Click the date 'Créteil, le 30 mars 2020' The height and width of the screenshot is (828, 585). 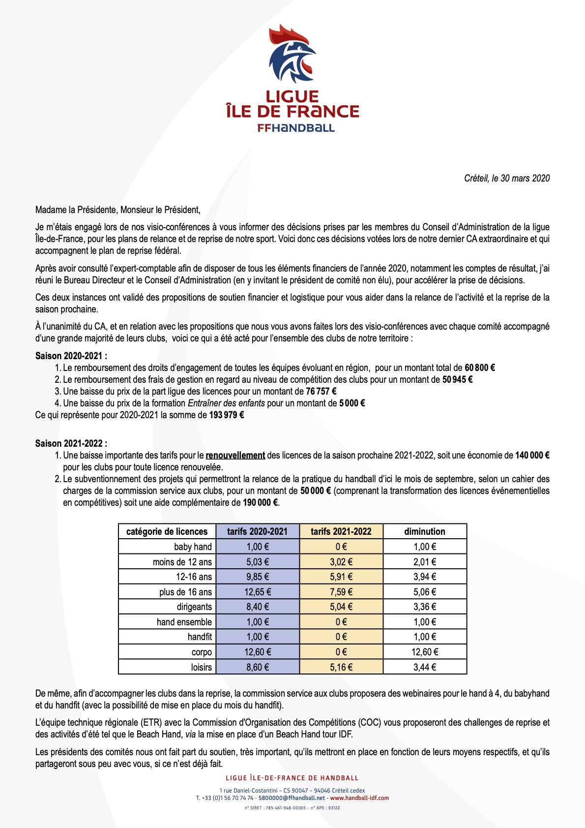click(x=507, y=179)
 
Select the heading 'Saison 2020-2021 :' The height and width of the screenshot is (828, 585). click(x=71, y=356)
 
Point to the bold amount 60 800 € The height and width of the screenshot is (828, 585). click(x=480, y=368)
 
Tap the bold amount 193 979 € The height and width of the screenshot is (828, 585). click(x=227, y=415)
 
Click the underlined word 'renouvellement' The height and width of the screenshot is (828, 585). click(x=235, y=455)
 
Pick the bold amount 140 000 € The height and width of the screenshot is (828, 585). click(x=532, y=455)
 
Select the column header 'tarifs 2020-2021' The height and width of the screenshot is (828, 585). click(x=257, y=531)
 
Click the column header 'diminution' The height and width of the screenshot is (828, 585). click(x=425, y=531)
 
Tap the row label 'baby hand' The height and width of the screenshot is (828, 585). click(x=193, y=547)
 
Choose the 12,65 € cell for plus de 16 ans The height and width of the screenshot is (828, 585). click(x=258, y=592)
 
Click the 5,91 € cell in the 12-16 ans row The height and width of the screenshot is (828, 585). click(x=341, y=577)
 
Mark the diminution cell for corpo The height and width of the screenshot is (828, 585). click(x=425, y=652)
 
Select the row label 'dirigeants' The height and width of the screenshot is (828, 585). click(x=194, y=607)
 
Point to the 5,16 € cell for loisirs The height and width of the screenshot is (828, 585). click(x=341, y=667)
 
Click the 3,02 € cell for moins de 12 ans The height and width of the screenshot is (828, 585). click(x=341, y=562)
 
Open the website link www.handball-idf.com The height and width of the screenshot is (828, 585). click(x=359, y=798)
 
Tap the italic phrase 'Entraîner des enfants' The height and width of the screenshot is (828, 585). click(x=226, y=403)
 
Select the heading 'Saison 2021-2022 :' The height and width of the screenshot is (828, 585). click(x=71, y=443)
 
